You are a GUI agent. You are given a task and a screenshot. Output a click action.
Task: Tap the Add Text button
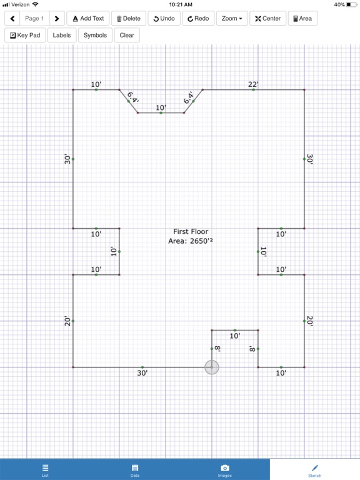88,18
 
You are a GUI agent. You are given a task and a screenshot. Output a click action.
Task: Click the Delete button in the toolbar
129,18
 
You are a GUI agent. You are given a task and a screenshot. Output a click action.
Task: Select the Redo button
198,18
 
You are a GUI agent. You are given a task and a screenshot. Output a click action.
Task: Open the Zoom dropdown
232,18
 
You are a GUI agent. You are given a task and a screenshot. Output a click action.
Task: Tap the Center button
268,18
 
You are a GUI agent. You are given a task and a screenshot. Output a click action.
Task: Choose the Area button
302,18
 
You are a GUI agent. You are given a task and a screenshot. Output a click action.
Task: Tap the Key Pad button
25,35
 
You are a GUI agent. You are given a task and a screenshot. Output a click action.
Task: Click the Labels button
62,35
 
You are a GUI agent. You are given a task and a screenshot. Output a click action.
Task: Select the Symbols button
95,35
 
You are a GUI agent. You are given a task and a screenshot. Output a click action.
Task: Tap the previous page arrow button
12,18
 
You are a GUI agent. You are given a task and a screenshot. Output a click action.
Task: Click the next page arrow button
57,18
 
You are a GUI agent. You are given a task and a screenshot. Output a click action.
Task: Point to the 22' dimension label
253,84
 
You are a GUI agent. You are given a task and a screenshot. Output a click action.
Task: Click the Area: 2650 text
191,241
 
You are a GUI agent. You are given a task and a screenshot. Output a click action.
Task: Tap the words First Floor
191,231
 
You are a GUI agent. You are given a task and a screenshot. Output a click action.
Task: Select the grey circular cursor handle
211,367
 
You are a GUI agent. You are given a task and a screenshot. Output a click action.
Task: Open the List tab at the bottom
45,470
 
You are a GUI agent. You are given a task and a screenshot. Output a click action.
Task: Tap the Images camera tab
225,470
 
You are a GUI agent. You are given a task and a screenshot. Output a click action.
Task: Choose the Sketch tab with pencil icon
315,470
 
